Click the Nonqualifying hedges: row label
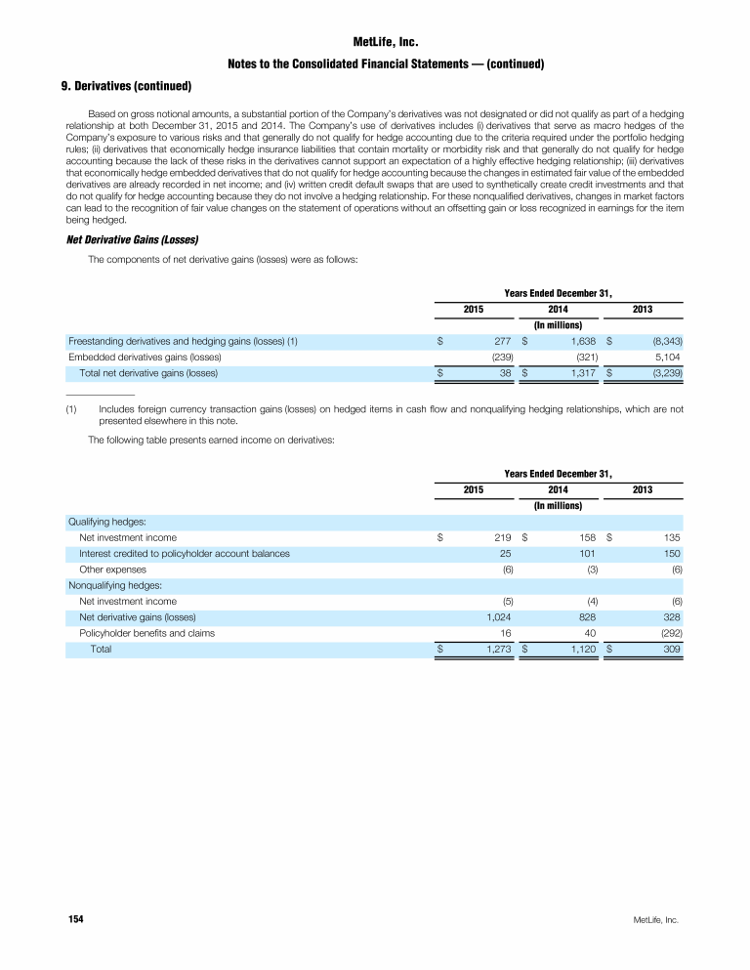113,585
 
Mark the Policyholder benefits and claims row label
146,632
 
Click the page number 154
75,920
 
